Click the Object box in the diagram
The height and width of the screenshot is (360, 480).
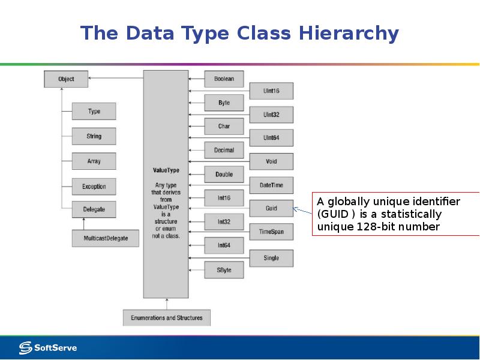66,79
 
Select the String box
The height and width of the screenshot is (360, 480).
94,136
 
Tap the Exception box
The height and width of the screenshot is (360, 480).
94,187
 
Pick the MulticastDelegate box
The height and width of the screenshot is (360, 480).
104,238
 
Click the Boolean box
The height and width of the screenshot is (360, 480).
224,79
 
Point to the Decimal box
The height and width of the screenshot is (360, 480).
224,150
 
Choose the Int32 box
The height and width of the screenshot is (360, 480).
224,222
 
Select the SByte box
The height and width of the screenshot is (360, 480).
224,270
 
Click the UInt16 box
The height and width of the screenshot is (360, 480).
271,91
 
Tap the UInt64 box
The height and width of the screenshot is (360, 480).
271,138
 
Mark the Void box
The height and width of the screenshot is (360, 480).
271,162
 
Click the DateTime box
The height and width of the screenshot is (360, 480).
271,185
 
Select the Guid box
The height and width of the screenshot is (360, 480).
271,208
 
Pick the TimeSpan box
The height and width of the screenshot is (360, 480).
271,232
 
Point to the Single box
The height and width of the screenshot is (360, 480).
271,258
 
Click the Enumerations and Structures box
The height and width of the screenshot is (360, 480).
166,317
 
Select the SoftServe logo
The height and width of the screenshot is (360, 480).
48,347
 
